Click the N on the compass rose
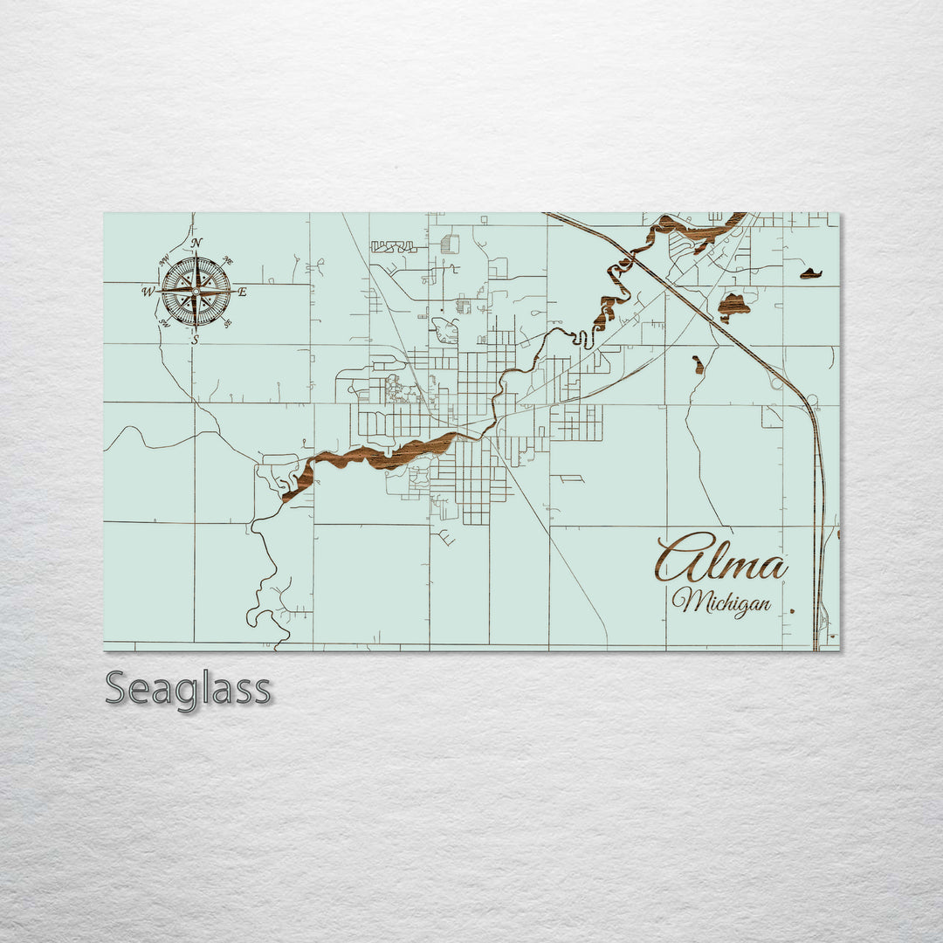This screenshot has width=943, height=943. pyautogui.click(x=196, y=244)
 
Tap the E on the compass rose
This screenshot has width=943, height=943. pyautogui.click(x=242, y=292)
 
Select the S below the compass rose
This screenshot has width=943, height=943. pyautogui.click(x=196, y=340)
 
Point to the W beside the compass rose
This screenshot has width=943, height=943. pyautogui.click(x=148, y=292)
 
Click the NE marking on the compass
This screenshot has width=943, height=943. pyautogui.click(x=228, y=260)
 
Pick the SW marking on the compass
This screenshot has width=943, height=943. pyautogui.click(x=164, y=323)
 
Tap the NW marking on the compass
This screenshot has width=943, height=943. pyautogui.click(x=164, y=260)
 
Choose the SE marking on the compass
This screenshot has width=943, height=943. pyautogui.click(x=228, y=323)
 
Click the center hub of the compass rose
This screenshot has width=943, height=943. pyautogui.click(x=196, y=292)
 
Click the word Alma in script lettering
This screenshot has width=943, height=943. pyautogui.click(x=720, y=559)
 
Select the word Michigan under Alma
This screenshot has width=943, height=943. pyautogui.click(x=721, y=602)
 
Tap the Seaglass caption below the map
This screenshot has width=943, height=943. pyautogui.click(x=188, y=689)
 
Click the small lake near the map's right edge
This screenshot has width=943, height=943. pyautogui.click(x=811, y=274)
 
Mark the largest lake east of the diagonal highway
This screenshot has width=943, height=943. pyautogui.click(x=733, y=306)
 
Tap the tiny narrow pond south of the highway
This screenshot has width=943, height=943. pyautogui.click(x=698, y=364)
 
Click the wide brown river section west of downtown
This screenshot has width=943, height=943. pyautogui.click(x=384, y=455)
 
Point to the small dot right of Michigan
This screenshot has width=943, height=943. pyautogui.click(x=791, y=611)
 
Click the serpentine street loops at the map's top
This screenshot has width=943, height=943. pyautogui.click(x=393, y=247)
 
